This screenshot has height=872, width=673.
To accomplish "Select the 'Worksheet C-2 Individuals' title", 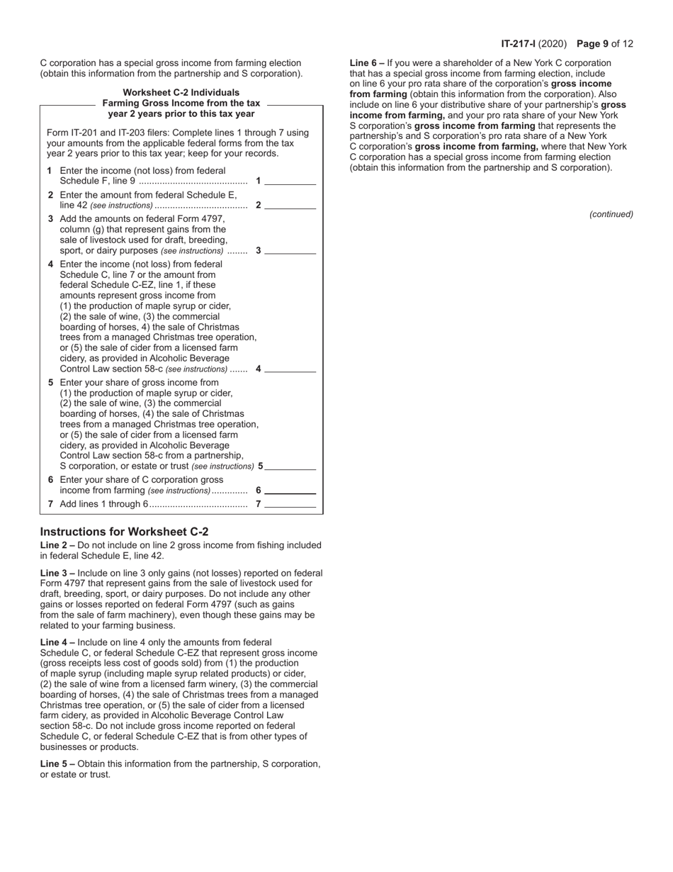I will click(181, 92).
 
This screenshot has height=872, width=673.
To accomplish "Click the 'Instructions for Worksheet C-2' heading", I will click(124, 532).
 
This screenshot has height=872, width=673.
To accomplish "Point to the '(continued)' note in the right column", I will click(611, 214).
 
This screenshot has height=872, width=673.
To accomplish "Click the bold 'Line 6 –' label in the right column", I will click(367, 63).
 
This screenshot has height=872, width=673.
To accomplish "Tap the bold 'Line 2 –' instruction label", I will click(57, 545).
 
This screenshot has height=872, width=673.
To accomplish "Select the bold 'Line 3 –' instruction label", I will click(57, 573).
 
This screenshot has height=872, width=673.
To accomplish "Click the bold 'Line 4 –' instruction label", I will click(57, 642).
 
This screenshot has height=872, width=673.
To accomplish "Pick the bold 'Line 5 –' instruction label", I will click(57, 764).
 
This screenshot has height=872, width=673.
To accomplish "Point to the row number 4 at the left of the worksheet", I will click(50, 264).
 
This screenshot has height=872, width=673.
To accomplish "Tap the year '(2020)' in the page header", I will click(553, 44).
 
